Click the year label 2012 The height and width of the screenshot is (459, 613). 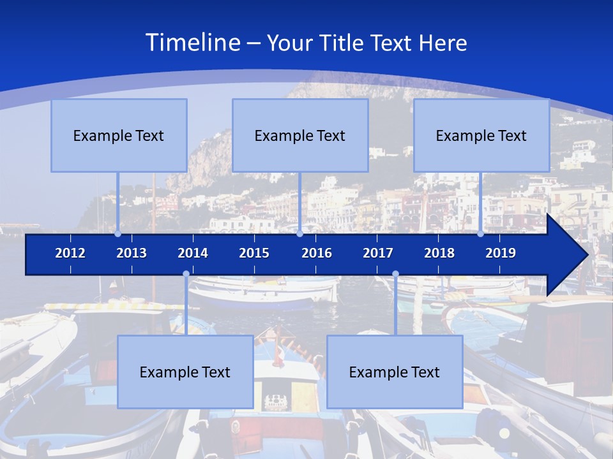tap(70, 253)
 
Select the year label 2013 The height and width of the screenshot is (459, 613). tap(132, 253)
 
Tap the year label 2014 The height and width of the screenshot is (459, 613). tap(193, 253)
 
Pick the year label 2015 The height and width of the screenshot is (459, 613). tap(254, 253)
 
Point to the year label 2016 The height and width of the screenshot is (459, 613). tap(317, 253)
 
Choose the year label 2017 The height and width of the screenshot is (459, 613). tap(378, 253)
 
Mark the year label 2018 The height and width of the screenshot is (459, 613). tap(439, 253)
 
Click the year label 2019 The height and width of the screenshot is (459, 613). tap(501, 253)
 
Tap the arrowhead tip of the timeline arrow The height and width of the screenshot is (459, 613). tap(586, 255)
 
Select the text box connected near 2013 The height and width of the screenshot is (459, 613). tap(119, 135)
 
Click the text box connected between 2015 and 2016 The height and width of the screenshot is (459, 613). tap(300, 135)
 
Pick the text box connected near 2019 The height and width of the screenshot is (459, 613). tap(481, 135)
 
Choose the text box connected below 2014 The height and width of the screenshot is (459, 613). tap(185, 372)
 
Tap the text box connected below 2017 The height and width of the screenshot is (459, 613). tap(395, 372)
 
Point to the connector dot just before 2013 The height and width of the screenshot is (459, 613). tap(118, 234)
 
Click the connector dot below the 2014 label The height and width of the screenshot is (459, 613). tap(186, 274)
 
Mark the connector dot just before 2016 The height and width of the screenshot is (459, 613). tap(299, 234)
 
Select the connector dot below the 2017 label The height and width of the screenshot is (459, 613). tap(395, 274)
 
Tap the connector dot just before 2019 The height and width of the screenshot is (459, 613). tap(481, 234)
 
